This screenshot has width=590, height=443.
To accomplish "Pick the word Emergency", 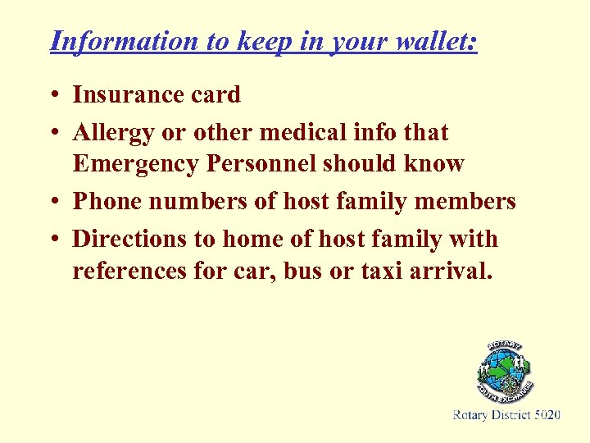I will pos(135,164).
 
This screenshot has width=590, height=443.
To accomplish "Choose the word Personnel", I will pos(262,164).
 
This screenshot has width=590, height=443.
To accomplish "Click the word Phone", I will pos(103,201).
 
